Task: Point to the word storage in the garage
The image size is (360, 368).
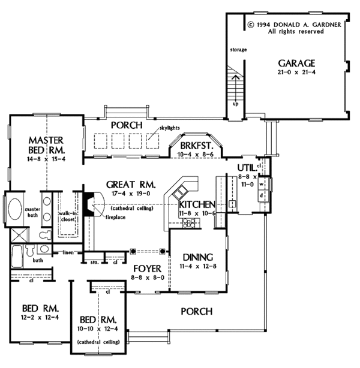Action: [238, 50]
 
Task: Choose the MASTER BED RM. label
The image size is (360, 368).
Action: [46, 144]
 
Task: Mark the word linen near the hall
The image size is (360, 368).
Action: [68, 252]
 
